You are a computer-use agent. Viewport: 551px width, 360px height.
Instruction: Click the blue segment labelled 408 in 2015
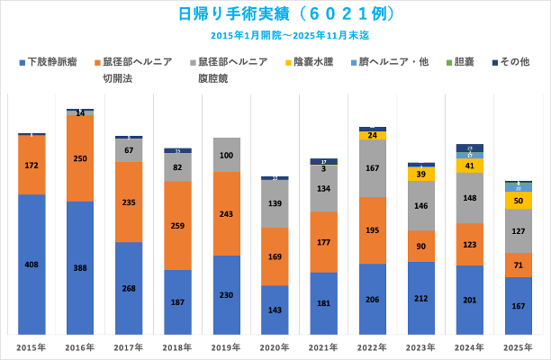click(x=32, y=265)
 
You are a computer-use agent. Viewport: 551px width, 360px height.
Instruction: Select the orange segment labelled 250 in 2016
click(x=80, y=158)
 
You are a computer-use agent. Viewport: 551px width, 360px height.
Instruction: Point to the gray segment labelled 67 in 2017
click(x=129, y=150)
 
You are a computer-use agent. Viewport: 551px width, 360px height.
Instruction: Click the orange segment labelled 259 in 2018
click(x=177, y=226)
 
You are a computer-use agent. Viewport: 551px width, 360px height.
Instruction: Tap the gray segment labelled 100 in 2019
click(x=226, y=155)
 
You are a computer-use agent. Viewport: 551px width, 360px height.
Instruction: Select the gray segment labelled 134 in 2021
click(x=323, y=189)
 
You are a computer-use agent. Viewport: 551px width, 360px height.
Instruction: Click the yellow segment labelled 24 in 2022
click(x=372, y=136)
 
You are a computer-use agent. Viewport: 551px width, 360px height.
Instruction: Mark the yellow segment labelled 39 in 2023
click(x=421, y=174)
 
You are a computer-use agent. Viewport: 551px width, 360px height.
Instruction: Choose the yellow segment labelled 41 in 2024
click(x=470, y=166)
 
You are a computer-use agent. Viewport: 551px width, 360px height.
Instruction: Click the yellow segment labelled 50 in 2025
click(x=519, y=200)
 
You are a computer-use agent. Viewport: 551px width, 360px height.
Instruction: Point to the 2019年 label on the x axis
click(x=226, y=346)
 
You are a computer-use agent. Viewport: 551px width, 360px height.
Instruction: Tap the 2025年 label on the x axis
click(x=519, y=346)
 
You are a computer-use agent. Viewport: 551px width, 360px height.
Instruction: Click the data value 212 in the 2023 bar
click(x=421, y=299)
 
